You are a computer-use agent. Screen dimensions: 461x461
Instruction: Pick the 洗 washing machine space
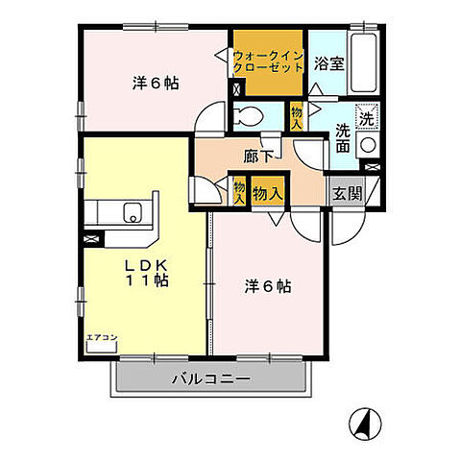click(x=366, y=119)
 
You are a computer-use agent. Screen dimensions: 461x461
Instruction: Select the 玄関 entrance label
click(x=347, y=191)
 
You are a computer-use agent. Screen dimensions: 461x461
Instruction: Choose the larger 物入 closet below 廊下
click(x=267, y=193)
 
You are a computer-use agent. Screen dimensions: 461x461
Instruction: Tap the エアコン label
click(x=101, y=336)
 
